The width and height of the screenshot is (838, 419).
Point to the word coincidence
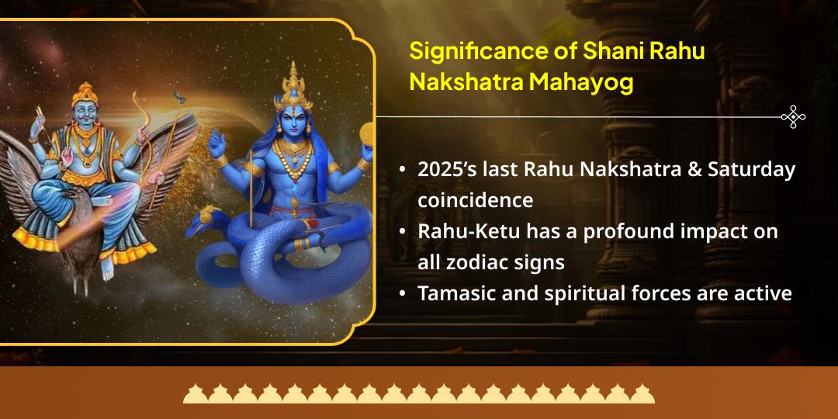475,199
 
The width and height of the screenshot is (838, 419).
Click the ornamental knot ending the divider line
793,117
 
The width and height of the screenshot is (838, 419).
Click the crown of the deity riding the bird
82,95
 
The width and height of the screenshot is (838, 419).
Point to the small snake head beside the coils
208,214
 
